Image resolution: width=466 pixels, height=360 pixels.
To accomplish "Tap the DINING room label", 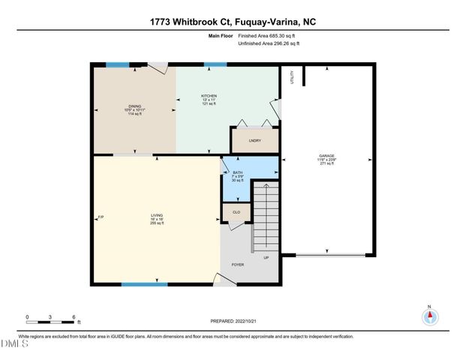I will coord(134,106).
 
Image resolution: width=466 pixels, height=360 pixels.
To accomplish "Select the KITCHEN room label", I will coord(209,97).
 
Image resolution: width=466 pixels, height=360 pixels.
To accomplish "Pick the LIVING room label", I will coord(156,214).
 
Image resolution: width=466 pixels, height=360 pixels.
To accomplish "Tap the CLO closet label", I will coord(236,212).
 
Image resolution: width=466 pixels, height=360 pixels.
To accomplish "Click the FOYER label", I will coord(237,264).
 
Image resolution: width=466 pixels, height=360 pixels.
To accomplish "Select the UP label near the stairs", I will coord(266,257).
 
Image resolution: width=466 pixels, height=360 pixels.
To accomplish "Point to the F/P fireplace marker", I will coord(101,217).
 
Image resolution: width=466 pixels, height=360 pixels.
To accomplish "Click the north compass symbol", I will coord(429,316).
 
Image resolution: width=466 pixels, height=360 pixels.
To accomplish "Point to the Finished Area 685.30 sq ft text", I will coord(268,35).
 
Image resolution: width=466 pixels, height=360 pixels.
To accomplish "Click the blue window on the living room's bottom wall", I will coord(145,284).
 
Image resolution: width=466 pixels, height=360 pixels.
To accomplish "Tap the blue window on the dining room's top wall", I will coord(117,64).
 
